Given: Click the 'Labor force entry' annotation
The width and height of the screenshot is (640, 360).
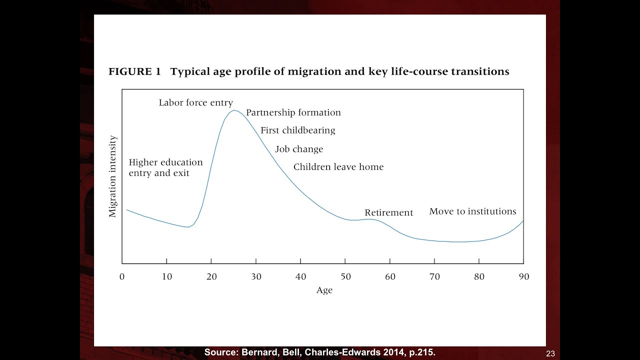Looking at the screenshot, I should coord(195,103).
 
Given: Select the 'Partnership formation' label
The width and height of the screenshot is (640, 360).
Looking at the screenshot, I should coord(293,113).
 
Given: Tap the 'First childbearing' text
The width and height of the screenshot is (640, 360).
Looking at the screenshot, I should coord(297,130).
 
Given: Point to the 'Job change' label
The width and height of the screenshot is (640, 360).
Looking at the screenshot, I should coord(299,149).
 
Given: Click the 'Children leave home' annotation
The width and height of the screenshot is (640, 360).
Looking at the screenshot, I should coord(338,167).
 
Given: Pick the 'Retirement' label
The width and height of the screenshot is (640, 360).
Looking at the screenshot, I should coord(388,212).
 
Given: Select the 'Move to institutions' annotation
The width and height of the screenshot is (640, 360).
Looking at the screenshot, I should coord(472,211).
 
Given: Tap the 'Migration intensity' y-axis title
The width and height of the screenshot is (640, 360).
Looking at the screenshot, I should coord(113,176).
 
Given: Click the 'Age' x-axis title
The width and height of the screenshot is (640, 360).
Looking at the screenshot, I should coord(324,290).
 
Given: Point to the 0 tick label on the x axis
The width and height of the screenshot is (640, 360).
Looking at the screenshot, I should coord(122,276).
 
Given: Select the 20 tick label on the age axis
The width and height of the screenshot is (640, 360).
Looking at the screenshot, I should coord(211,276).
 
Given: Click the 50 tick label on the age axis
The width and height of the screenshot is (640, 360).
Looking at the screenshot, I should coord(345,276).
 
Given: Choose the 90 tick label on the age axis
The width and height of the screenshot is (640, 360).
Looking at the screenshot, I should coord(523,276).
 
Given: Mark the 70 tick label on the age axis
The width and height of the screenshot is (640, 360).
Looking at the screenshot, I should coord(434,276).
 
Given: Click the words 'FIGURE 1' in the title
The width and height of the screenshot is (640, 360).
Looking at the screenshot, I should coord(134,71).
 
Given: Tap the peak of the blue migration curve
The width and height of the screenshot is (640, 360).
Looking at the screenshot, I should coord(233,110).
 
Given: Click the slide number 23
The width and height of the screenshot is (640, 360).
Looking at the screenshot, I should coord(550,353).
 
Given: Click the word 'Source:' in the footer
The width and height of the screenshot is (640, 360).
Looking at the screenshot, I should coord(221,352).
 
